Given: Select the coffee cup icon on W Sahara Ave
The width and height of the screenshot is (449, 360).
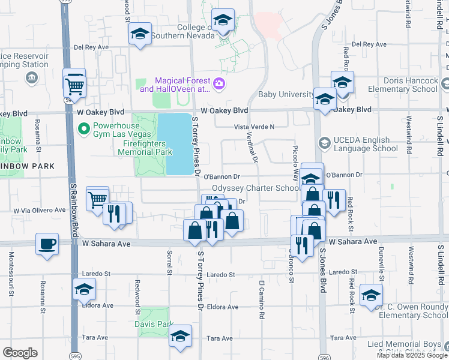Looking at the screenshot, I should (47, 244).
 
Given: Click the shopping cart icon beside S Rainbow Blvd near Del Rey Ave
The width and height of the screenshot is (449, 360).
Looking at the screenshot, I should (74, 86).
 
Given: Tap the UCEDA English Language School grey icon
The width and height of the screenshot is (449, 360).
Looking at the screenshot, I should (325, 143).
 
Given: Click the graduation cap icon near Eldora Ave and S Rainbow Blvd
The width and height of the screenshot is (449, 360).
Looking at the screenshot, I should (85, 290).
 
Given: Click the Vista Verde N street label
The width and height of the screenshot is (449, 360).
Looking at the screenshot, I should (253, 127).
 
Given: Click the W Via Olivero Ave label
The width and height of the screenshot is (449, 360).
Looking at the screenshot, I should (40, 211).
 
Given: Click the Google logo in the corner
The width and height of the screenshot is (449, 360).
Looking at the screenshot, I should (20, 353).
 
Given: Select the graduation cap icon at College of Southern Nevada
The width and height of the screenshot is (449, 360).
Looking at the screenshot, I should (223, 22).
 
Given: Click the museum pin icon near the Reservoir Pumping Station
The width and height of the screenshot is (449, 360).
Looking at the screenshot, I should (31, 77).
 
